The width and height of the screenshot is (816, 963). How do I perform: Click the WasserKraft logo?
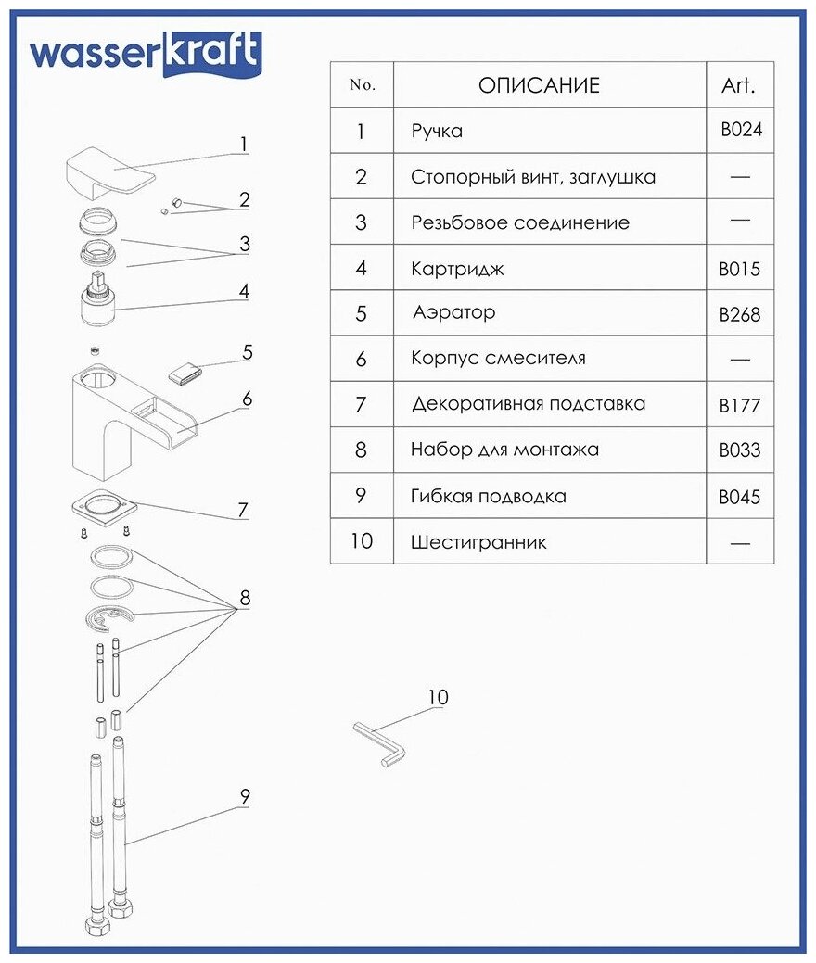click(145, 55)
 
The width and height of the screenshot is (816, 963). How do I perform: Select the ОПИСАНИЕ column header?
click(539, 86)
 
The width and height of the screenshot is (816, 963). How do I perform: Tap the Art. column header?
click(738, 86)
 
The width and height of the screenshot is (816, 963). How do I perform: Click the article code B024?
click(741, 130)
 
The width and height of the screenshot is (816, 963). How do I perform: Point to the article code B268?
click(739, 314)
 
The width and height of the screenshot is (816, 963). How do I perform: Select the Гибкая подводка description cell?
click(488, 496)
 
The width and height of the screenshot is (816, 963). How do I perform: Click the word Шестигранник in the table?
click(478, 542)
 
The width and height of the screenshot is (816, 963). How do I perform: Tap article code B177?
click(739, 405)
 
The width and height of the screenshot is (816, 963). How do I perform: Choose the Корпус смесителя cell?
click(498, 359)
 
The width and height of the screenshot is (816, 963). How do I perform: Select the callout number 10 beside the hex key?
click(438, 697)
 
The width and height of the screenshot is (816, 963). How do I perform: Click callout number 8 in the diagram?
click(245, 598)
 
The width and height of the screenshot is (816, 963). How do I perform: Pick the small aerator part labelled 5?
click(186, 373)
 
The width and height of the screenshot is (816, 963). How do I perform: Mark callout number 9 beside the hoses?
click(245, 796)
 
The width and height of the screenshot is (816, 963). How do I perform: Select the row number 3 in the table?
click(361, 222)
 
